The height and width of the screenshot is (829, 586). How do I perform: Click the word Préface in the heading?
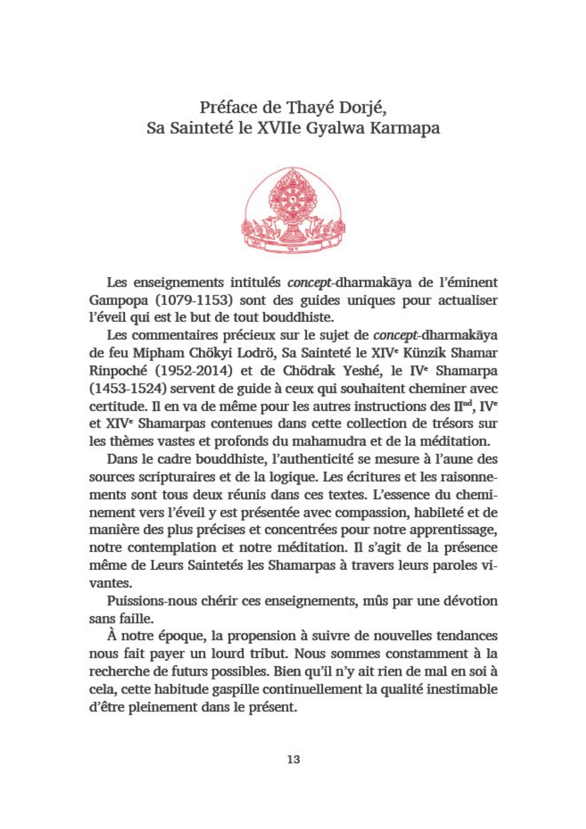228,107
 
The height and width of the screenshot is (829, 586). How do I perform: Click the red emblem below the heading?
293,211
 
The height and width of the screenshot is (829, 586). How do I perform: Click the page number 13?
293,759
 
